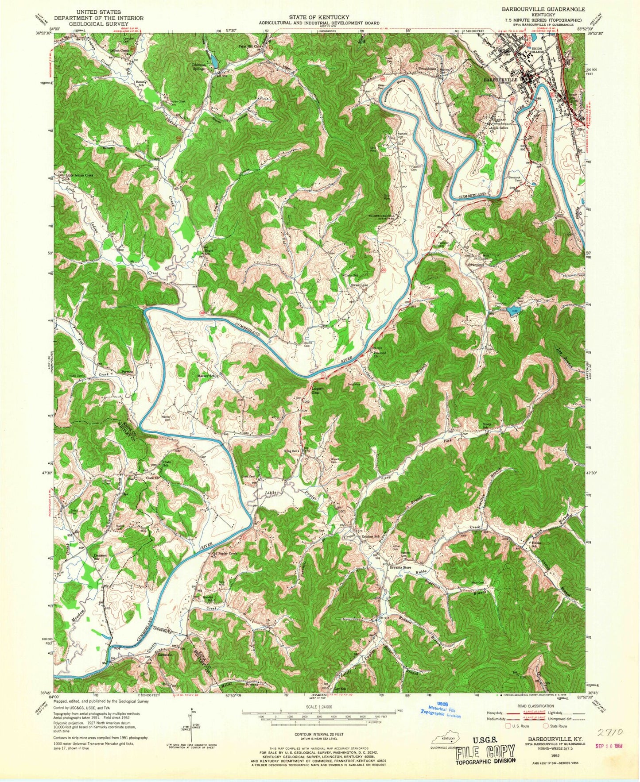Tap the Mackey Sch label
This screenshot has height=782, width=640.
[206, 376]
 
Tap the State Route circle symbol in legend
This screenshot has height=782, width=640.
[546, 726]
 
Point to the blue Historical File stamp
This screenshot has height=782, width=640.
[441, 713]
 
